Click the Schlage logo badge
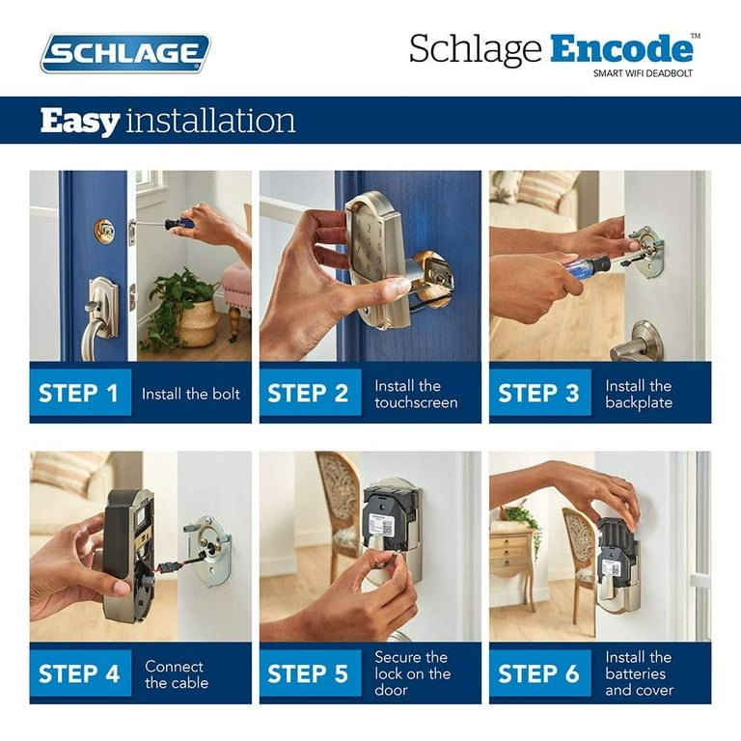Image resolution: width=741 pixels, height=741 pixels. coord(125,53)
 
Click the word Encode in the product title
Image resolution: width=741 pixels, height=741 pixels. coord(621,48)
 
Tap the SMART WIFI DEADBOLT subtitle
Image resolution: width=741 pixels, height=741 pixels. coord(643,73)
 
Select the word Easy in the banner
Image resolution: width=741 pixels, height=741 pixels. coord(80,122)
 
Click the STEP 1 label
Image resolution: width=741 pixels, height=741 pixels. coord(78,394)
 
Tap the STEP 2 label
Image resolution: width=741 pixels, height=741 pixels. coord(308,394)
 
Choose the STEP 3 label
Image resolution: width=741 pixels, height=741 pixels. coord(538,394)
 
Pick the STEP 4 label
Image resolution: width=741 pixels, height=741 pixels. coord(79,673)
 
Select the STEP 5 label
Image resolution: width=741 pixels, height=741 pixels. coord(308,673)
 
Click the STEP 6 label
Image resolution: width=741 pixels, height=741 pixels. coord(538,673)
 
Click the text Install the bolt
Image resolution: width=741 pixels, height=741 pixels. coord(191,394)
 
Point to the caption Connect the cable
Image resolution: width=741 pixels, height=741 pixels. coord(177,674)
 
